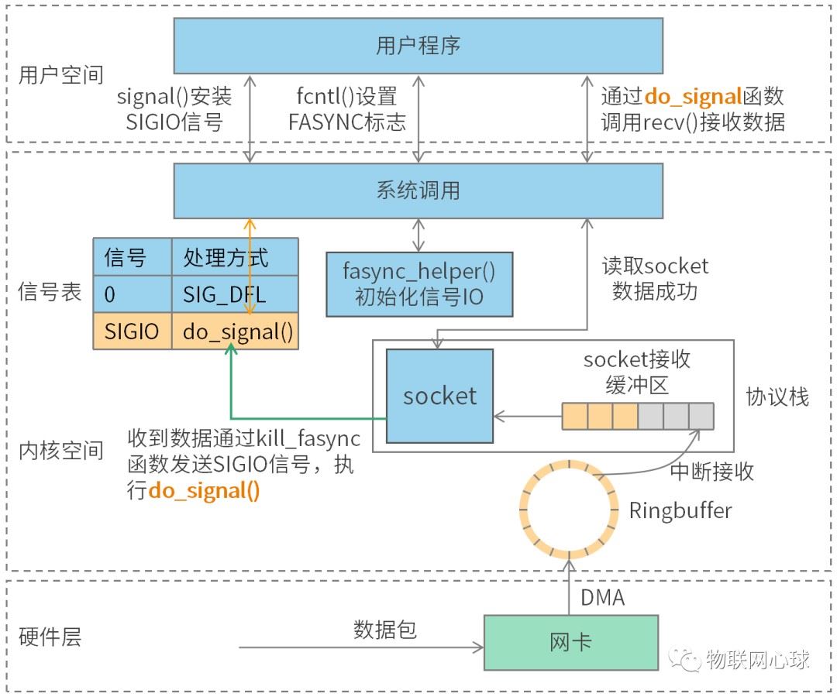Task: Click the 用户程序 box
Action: click(418, 46)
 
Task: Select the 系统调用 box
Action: click(418, 191)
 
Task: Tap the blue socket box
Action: click(439, 396)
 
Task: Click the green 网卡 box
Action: click(571, 643)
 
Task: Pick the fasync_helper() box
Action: click(419, 284)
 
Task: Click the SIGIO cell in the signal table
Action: click(133, 331)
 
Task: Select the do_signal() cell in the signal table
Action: click(235, 331)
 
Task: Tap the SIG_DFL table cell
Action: click(235, 294)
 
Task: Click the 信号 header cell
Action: click(133, 257)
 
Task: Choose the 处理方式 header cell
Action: click(235, 257)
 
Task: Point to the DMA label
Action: click(603, 598)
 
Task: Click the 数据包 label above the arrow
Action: click(385, 630)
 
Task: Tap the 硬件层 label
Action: click(50, 637)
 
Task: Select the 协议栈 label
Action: click(777, 397)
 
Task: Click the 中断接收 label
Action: click(711, 472)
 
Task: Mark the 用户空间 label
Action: click(61, 75)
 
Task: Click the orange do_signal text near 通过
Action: click(692, 97)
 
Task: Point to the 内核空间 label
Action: click(61, 451)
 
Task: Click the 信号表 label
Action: click(50, 292)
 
